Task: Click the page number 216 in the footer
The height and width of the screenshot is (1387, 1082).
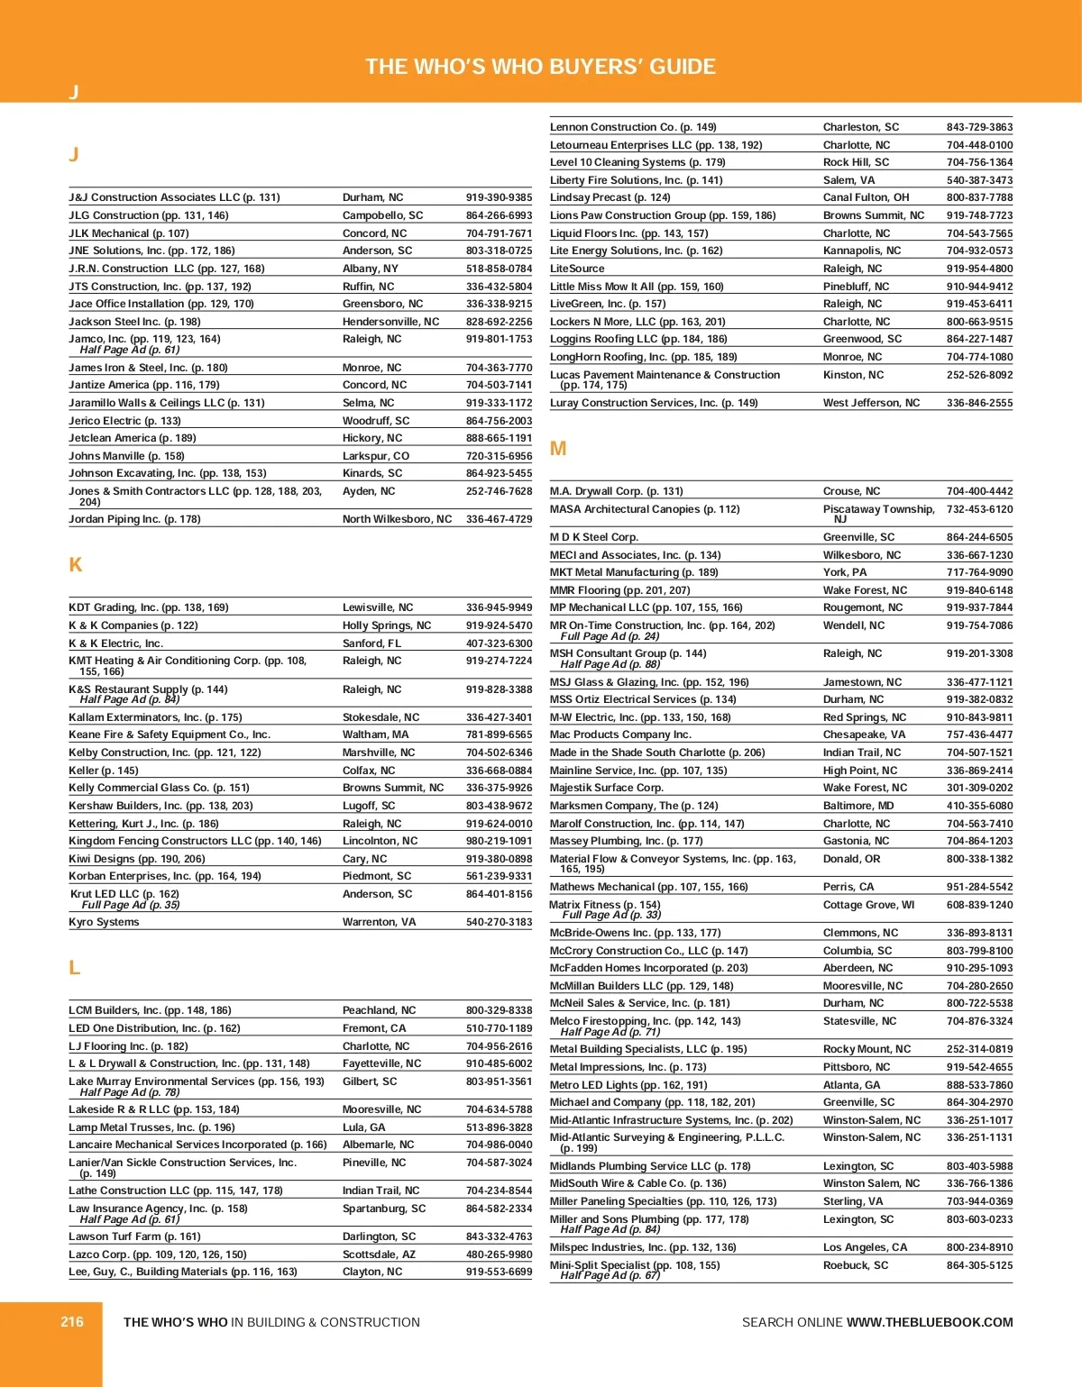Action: coord(72,1322)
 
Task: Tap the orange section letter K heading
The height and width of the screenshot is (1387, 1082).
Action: coord(76,565)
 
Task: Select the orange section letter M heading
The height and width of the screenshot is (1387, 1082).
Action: coord(558,449)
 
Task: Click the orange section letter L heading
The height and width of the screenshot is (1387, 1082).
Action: coord(75,968)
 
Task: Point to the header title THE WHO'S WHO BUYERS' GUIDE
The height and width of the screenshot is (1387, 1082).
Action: coord(540,67)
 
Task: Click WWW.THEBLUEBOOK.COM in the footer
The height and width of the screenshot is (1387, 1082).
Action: coord(930,1322)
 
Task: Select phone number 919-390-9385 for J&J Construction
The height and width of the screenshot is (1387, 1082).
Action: coord(499,197)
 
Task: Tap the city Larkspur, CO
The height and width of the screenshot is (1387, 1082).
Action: coord(376,456)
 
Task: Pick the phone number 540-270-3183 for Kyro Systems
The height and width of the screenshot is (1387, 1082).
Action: coord(499,922)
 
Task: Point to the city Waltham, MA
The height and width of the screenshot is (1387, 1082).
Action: coord(375,735)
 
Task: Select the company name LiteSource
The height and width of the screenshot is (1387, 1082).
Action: coord(577,269)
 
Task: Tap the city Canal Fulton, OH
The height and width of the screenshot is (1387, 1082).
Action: coord(866,197)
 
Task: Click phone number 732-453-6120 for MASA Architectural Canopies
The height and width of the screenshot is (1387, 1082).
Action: coord(979,509)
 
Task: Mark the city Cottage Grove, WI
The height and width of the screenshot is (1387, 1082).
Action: coord(868,905)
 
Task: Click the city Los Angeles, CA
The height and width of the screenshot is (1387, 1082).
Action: coord(866,1247)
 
